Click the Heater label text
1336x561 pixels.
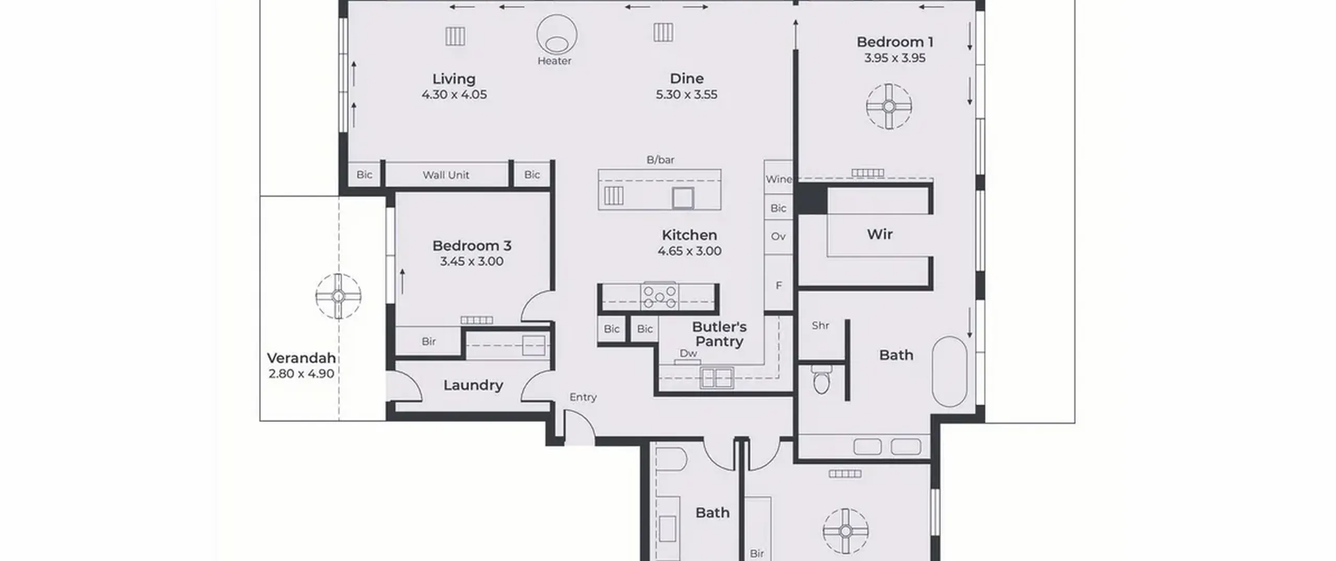click(x=554, y=61)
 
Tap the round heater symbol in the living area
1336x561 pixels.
click(x=556, y=34)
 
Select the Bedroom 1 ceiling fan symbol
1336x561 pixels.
click(x=889, y=106)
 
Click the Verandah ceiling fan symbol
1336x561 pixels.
click(x=338, y=296)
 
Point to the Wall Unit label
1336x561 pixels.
click(x=446, y=175)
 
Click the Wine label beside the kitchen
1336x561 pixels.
click(x=779, y=179)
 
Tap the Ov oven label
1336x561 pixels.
click(x=778, y=236)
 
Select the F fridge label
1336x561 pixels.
click(x=779, y=285)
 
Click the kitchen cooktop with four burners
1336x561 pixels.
click(x=660, y=296)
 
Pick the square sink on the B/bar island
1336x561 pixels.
click(x=683, y=198)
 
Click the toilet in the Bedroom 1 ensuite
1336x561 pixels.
click(x=821, y=379)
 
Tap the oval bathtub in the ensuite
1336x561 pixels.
click(x=949, y=372)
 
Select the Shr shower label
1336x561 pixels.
click(x=820, y=326)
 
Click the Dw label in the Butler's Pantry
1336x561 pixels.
click(x=688, y=353)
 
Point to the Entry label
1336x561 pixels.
click(x=583, y=397)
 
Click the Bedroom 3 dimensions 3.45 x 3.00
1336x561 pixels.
click(x=472, y=261)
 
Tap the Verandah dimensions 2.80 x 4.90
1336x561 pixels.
click(x=301, y=374)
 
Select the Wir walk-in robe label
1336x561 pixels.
click(x=880, y=234)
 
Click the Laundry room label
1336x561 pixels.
click(x=473, y=386)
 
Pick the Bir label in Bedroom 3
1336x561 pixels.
click(x=428, y=341)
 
